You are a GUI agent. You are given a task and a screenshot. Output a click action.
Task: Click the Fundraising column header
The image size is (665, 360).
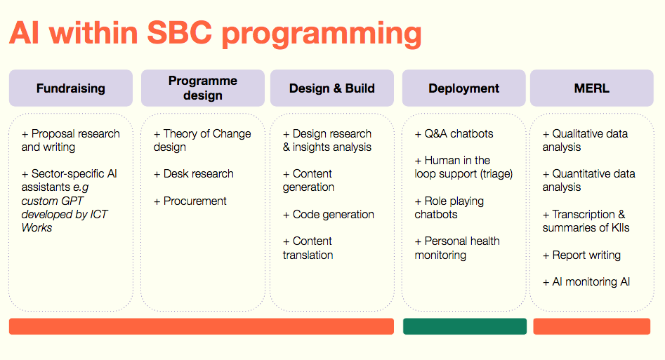pos(71,88)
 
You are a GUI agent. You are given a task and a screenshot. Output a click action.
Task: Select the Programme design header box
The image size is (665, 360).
pos(203,88)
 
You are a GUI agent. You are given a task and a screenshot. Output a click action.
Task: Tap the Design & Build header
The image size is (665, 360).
pos(332,88)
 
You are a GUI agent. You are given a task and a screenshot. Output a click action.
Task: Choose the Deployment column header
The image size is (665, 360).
pos(464,88)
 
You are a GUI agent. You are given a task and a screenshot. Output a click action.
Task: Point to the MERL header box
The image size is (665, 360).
pos(592,88)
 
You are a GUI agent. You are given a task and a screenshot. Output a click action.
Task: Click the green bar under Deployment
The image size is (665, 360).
pos(465,326)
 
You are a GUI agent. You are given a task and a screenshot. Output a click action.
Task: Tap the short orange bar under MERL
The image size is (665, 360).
pos(592,326)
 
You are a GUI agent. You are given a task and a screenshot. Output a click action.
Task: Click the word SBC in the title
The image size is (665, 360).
pos(179,33)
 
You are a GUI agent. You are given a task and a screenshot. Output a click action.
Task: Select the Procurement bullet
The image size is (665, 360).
pos(190,201)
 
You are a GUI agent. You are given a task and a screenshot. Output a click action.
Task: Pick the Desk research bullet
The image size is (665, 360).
pos(193,174)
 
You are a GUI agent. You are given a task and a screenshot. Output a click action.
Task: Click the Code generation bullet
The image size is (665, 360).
pos(328,215)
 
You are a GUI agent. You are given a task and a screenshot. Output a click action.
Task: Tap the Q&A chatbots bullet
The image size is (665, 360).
pos(454,134)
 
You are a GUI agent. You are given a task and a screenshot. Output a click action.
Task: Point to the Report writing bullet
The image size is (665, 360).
pos(581,255)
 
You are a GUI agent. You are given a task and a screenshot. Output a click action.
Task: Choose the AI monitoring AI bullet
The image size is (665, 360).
pos(586,282)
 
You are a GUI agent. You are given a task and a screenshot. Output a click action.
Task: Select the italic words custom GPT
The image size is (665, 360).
pos(53,201)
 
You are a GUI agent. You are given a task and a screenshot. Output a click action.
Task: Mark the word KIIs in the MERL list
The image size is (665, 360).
pos(620,227)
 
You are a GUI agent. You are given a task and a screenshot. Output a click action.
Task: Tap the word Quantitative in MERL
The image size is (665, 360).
pos(578,174)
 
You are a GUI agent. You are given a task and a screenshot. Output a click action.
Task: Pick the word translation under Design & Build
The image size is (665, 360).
pos(308,255)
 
